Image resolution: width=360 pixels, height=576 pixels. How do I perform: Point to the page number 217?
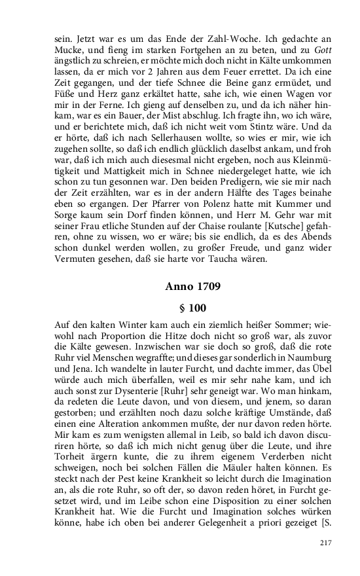pyautogui.click(x=326, y=543)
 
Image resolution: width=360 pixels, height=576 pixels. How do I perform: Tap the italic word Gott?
pyautogui.click(x=315, y=49)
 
